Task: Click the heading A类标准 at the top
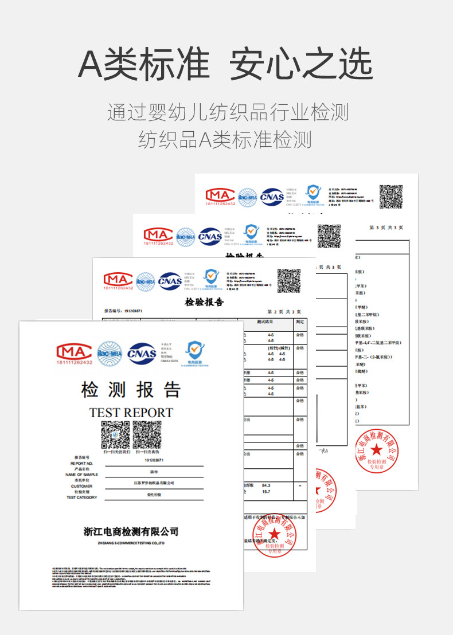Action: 143,64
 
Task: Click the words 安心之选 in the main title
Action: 301,64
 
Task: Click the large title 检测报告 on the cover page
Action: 131,390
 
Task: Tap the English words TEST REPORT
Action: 131,413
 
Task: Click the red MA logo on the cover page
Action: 74,352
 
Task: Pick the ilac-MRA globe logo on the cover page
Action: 109,352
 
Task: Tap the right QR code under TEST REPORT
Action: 147,435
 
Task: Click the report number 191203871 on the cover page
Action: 154,460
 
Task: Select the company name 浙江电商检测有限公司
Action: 131,532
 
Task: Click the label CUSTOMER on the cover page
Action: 81,486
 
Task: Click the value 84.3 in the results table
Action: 265,485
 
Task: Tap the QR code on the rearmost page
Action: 391,196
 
